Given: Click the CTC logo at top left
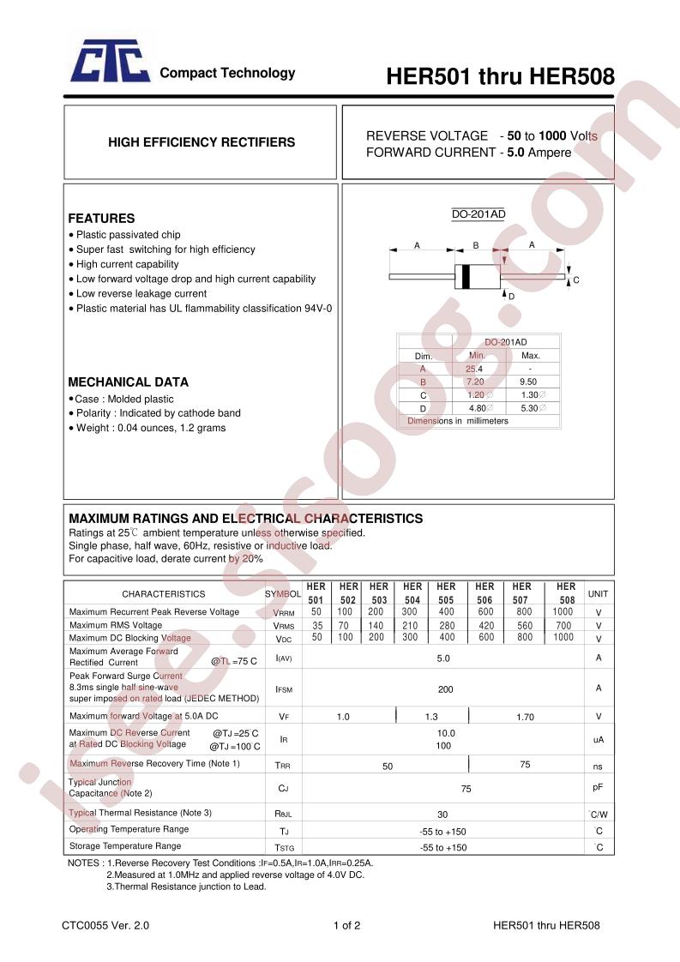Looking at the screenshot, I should [110, 64].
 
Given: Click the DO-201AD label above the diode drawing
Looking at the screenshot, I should [478, 214].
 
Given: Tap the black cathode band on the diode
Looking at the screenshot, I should [466, 277].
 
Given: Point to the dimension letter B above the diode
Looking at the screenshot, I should [475, 246].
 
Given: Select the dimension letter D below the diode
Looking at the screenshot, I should [511, 296].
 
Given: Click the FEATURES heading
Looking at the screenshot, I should [101, 219].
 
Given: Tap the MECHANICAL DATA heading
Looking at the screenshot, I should [128, 382].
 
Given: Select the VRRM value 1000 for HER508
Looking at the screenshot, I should [563, 611].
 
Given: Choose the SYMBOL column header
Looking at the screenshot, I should [282, 593].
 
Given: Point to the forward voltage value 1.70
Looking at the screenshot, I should [525, 717].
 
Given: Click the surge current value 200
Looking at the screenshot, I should [445, 689].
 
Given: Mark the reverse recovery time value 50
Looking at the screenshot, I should [388, 766].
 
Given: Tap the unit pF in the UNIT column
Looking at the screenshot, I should [598, 786].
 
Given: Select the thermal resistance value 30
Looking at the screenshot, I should [442, 814].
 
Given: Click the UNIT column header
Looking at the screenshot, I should [598, 593].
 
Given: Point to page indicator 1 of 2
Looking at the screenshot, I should [346, 926].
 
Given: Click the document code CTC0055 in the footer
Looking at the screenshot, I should [87, 926].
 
